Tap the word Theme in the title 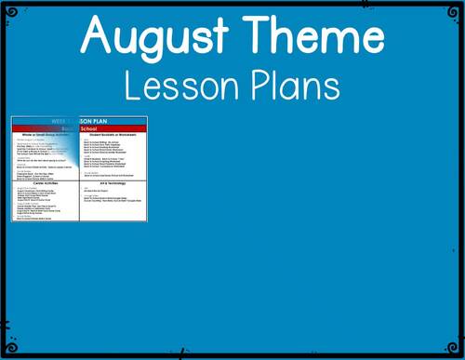click(310, 37)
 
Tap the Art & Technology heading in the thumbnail click(113, 183)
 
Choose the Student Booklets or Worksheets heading click(113, 135)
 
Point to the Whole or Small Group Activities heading click(46, 135)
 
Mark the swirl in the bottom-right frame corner click(457, 352)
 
